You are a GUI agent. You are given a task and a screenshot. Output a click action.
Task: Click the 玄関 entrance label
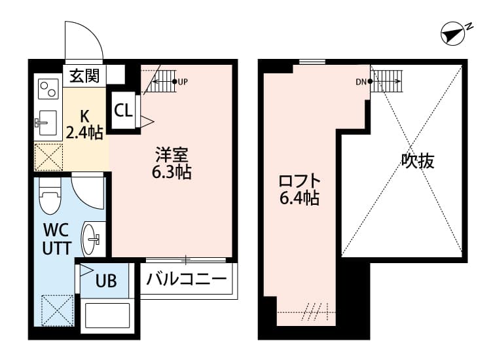click(x=84, y=76)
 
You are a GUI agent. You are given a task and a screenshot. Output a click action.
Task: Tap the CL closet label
click(x=123, y=109)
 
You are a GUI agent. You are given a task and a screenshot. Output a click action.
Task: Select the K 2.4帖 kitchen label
click(x=85, y=124)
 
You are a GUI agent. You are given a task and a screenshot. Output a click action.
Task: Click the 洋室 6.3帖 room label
click(x=172, y=164)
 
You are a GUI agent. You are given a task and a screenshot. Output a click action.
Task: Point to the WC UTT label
click(x=56, y=240)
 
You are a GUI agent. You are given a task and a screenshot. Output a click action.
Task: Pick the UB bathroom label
click(x=106, y=281)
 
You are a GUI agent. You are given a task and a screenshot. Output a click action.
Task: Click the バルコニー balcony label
click(x=187, y=279)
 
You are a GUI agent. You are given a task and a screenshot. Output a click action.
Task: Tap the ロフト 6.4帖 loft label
click(x=299, y=189)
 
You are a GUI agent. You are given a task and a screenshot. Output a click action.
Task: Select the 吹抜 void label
click(x=418, y=161)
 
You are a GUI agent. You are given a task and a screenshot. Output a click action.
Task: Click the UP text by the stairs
click(x=183, y=82)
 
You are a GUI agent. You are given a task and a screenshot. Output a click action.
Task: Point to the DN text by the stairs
click(x=361, y=82)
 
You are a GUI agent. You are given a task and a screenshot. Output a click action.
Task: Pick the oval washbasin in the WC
click(x=92, y=239)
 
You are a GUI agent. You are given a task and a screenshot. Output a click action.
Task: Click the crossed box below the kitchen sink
click(x=48, y=158)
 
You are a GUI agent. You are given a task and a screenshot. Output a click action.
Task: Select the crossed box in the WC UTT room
click(x=56, y=311)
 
